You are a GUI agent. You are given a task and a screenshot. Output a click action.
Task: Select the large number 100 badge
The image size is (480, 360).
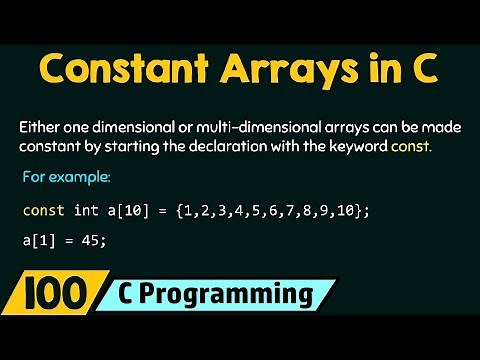54,296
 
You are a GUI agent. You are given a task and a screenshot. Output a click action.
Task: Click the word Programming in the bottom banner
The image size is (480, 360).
232,296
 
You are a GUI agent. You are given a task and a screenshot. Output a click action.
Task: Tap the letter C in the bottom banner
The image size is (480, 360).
131,296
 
